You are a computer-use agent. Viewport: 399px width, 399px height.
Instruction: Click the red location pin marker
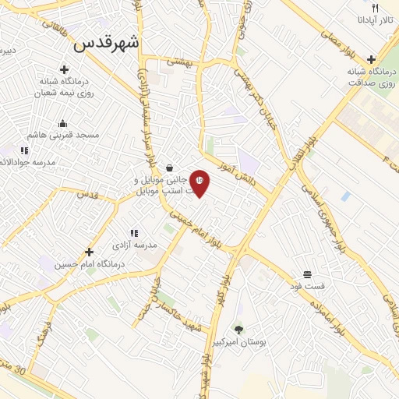click(199, 182)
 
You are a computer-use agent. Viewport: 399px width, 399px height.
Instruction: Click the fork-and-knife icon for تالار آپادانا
click(375, 8)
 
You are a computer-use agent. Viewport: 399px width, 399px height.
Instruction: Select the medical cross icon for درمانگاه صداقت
click(372, 59)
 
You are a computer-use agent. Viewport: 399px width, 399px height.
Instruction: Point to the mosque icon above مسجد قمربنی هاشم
click(62, 123)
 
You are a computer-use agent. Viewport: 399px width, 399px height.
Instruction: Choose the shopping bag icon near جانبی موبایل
click(170, 168)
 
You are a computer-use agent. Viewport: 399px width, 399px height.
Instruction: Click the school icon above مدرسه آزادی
click(134, 232)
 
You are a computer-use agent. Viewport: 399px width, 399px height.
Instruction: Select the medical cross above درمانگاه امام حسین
click(90, 252)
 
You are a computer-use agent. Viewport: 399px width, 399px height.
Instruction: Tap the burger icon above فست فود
click(308, 274)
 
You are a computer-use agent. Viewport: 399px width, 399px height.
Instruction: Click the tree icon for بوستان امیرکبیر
click(238, 329)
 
